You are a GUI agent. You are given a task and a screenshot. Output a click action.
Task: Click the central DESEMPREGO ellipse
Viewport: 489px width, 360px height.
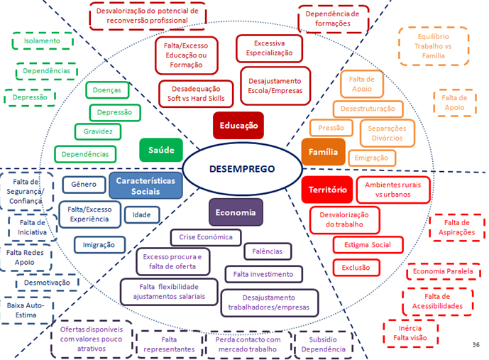tap(241, 169)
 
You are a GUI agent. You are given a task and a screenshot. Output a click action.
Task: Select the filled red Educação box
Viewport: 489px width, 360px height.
tap(238, 126)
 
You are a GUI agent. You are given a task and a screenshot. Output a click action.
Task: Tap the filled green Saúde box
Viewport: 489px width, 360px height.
tap(161, 150)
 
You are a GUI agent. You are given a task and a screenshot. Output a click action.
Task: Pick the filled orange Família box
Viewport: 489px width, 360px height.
tap(323, 151)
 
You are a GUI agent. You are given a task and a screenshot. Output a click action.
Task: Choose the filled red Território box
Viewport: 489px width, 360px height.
tap(327, 190)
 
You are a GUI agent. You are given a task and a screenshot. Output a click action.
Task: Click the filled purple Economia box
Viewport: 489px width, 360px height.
tap(235, 212)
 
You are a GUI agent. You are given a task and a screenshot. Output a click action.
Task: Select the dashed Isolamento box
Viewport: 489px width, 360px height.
tap(43, 41)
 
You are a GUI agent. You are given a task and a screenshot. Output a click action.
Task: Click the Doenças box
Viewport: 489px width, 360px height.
tap(107, 90)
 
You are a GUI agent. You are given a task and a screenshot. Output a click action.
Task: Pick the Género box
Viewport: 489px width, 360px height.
tap(84, 185)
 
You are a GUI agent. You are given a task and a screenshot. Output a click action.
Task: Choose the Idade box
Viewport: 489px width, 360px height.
tap(142, 214)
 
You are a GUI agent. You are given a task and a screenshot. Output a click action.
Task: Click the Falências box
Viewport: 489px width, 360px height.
tap(267, 251)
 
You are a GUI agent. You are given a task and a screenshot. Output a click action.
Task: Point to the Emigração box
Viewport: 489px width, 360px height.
tap(370, 158)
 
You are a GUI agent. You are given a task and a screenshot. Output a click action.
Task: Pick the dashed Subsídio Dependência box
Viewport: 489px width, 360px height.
tap(323, 344)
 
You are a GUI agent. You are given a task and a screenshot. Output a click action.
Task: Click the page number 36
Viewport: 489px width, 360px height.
tap(475, 344)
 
